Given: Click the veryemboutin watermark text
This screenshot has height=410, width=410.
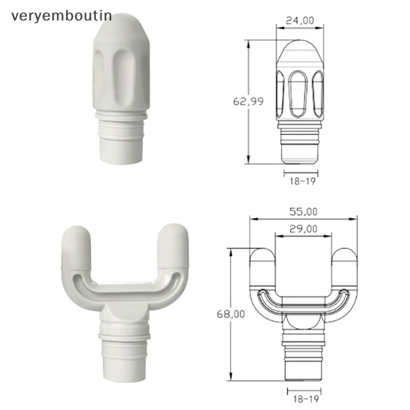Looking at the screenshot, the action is [61, 16].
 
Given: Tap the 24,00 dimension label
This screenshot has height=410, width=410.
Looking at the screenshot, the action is [300, 20].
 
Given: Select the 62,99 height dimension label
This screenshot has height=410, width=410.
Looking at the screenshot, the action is [248, 101].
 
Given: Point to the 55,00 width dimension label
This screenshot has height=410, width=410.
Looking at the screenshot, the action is [303, 212].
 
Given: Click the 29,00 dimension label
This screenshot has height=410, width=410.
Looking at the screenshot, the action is [303, 229].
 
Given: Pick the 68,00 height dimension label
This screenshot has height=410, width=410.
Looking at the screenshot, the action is [231, 314].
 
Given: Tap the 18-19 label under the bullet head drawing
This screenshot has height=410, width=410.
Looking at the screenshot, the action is [302, 181].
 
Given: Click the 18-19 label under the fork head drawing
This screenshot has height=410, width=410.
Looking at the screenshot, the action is [306, 399].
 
